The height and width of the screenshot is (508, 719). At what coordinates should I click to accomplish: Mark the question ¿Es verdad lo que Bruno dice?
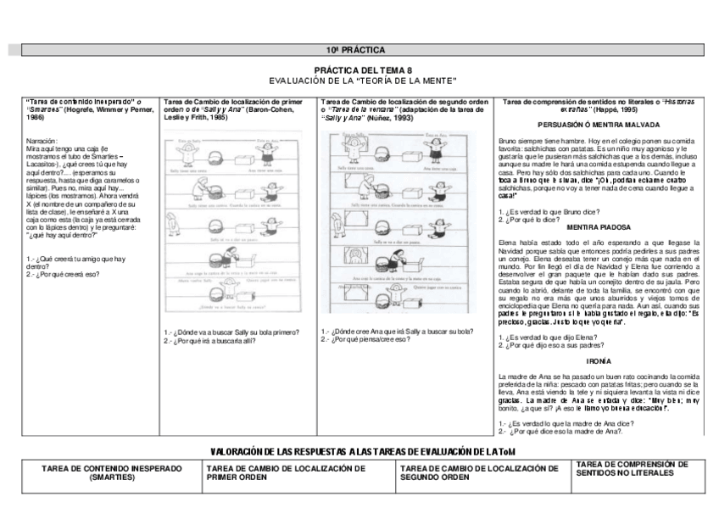click(x=543, y=211)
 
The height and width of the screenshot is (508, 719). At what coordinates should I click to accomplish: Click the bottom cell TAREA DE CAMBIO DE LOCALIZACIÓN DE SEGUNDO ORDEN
click(x=474, y=472)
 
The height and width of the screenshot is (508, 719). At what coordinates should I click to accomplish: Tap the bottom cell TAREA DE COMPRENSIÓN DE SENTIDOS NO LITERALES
click(x=631, y=468)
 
